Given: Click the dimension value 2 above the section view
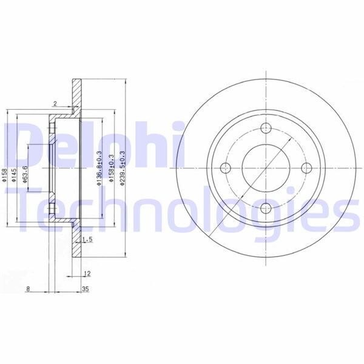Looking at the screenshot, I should click(x=55, y=104).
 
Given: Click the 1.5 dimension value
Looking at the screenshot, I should click(x=87, y=240).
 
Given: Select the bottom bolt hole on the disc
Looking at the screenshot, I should click(x=265, y=209).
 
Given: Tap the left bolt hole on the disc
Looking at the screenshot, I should click(x=224, y=168).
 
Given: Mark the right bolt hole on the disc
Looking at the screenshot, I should click(x=306, y=168).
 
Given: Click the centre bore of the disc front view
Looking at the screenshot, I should click(x=265, y=168).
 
